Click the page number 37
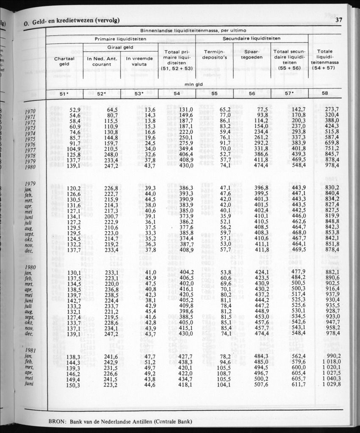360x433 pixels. [338, 19]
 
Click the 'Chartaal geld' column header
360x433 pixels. [64, 61]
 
